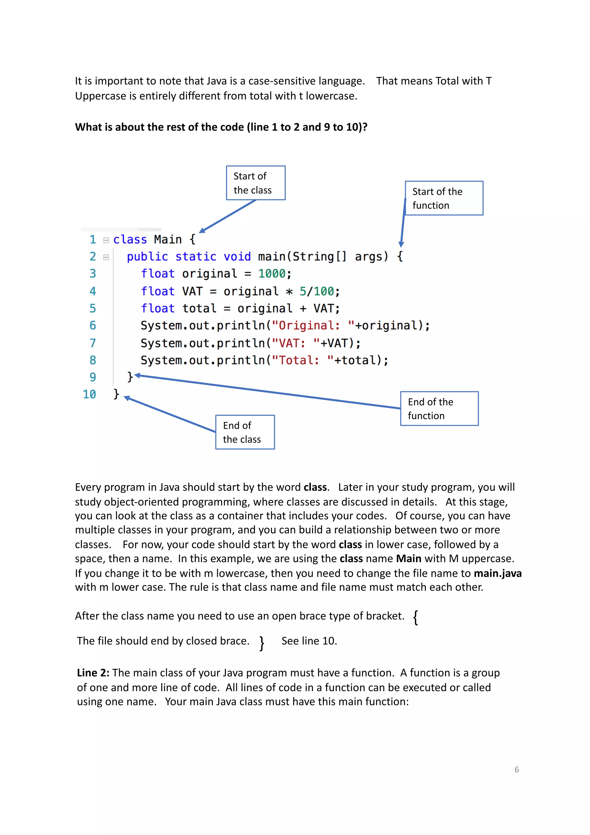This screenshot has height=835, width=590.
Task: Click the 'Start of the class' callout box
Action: click(256, 183)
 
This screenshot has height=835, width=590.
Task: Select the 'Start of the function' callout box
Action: click(444, 198)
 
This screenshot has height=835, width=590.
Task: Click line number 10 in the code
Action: click(89, 394)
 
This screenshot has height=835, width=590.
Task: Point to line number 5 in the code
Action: click(93, 308)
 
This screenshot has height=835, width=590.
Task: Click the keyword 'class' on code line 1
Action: click(130, 240)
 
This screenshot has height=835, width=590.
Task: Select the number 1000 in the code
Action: click(272, 273)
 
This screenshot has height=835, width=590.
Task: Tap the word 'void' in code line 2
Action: click(237, 256)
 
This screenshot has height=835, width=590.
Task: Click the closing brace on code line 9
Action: click(130, 377)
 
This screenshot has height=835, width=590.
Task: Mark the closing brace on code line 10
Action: click(116, 394)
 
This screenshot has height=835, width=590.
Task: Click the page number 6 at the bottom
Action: click(517, 770)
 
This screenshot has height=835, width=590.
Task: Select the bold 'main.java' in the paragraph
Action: click(497, 573)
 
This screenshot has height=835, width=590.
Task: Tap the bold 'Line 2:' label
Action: click(93, 673)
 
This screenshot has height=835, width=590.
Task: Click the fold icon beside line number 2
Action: click(106, 257)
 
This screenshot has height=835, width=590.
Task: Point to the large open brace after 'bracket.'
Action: click(415, 617)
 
